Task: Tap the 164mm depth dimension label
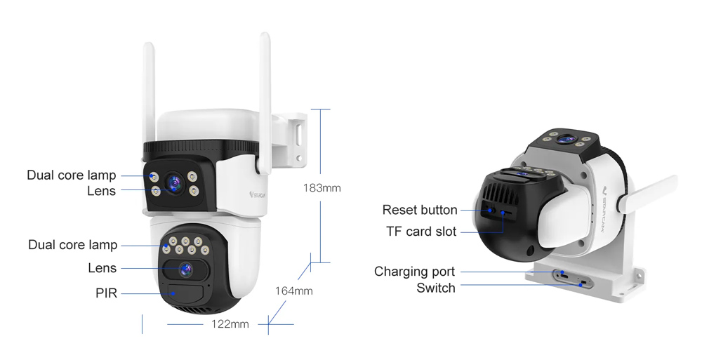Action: pos(293,291)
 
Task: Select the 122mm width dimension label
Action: pos(230,324)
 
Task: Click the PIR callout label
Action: pos(106,293)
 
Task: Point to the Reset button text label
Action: pos(419,210)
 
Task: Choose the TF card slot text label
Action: pos(420,232)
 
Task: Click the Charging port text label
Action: pos(414,272)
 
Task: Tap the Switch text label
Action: pos(435,288)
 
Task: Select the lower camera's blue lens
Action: pos(185,268)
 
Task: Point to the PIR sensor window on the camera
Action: pos(184,293)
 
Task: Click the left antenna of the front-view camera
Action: pos(149,91)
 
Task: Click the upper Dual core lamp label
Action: pos(71,175)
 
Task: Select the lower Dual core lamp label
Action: pos(72,245)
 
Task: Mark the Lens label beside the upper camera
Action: pos(102,190)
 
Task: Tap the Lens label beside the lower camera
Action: pos(102,268)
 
